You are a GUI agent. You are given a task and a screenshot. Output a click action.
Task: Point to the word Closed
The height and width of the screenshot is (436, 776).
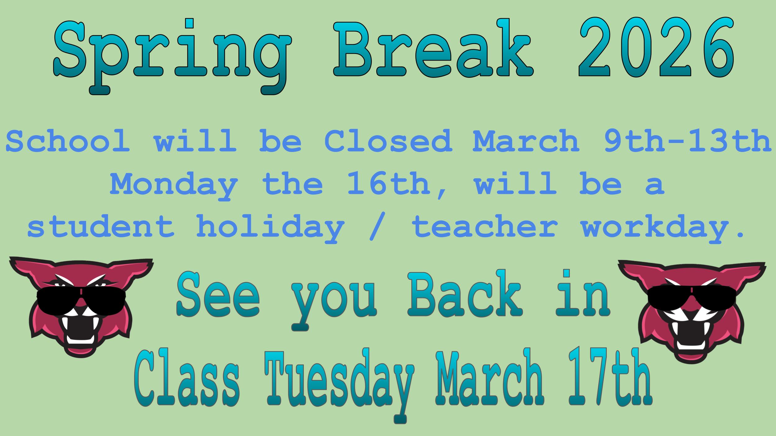(x=388, y=141)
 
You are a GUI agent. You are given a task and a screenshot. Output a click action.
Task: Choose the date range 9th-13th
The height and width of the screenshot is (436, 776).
(x=688, y=141)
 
